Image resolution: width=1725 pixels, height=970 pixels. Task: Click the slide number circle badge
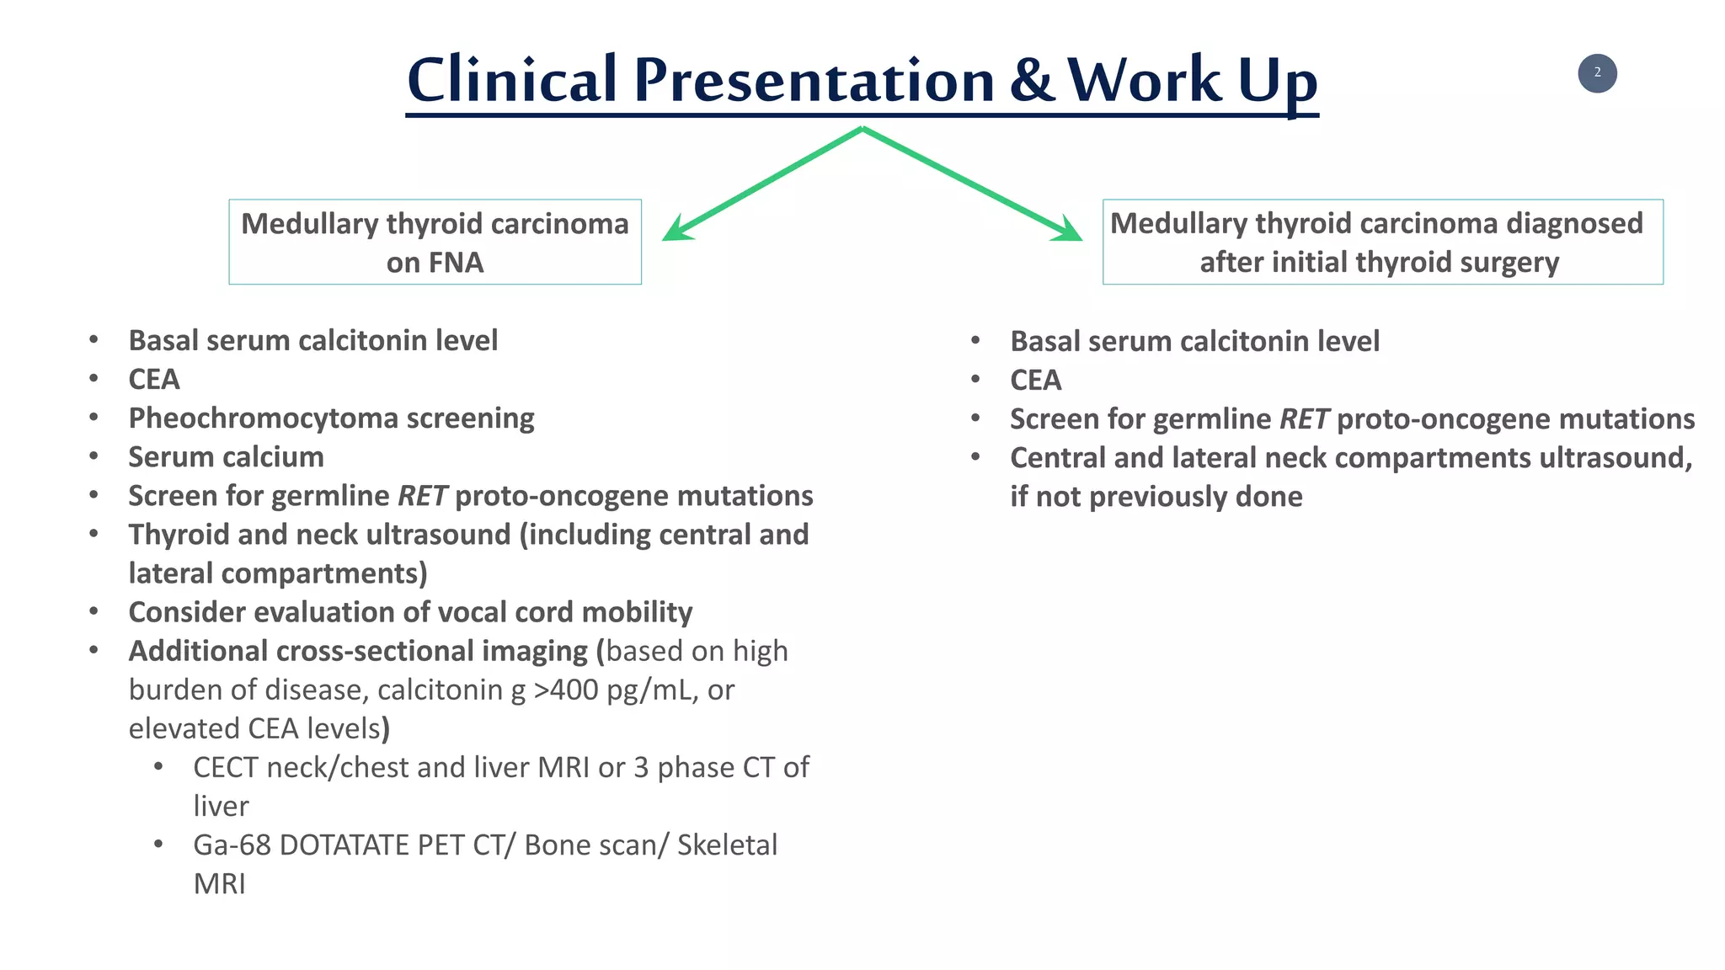pyautogui.click(x=1597, y=73)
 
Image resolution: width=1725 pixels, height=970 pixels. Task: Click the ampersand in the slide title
pyautogui.click(x=1032, y=80)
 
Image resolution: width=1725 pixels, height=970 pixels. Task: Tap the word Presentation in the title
pyautogui.click(x=814, y=80)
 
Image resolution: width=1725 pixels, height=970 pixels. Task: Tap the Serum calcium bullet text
pyautogui.click(x=226, y=457)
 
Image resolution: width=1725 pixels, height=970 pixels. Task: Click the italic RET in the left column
pyautogui.click(x=422, y=496)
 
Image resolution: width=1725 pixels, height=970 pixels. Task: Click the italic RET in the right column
pyautogui.click(x=1304, y=419)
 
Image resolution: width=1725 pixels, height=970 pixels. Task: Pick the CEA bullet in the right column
pyautogui.click(x=1035, y=381)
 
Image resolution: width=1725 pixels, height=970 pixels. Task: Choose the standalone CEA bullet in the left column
pyautogui.click(x=154, y=380)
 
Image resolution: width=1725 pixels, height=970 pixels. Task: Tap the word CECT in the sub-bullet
pyautogui.click(x=225, y=768)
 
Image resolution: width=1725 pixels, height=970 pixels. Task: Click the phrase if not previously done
pyautogui.click(x=1156, y=497)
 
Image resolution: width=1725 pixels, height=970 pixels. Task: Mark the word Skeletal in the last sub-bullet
pyautogui.click(x=727, y=845)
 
